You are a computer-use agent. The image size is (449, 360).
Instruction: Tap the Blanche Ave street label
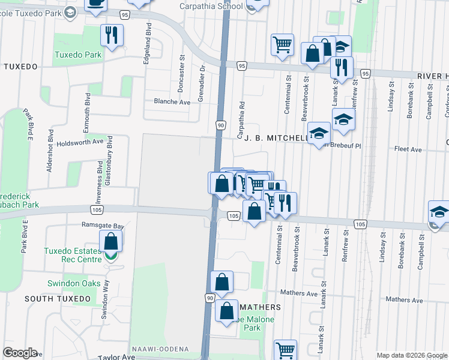(172, 102)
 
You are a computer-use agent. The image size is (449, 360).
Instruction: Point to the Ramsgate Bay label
(103, 226)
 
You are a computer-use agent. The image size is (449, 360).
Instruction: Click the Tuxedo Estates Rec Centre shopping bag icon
(111, 243)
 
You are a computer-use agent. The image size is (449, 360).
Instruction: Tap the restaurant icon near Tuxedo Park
(110, 35)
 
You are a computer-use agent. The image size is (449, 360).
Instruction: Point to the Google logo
(20, 353)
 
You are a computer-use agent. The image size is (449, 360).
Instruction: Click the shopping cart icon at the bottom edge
(285, 350)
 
